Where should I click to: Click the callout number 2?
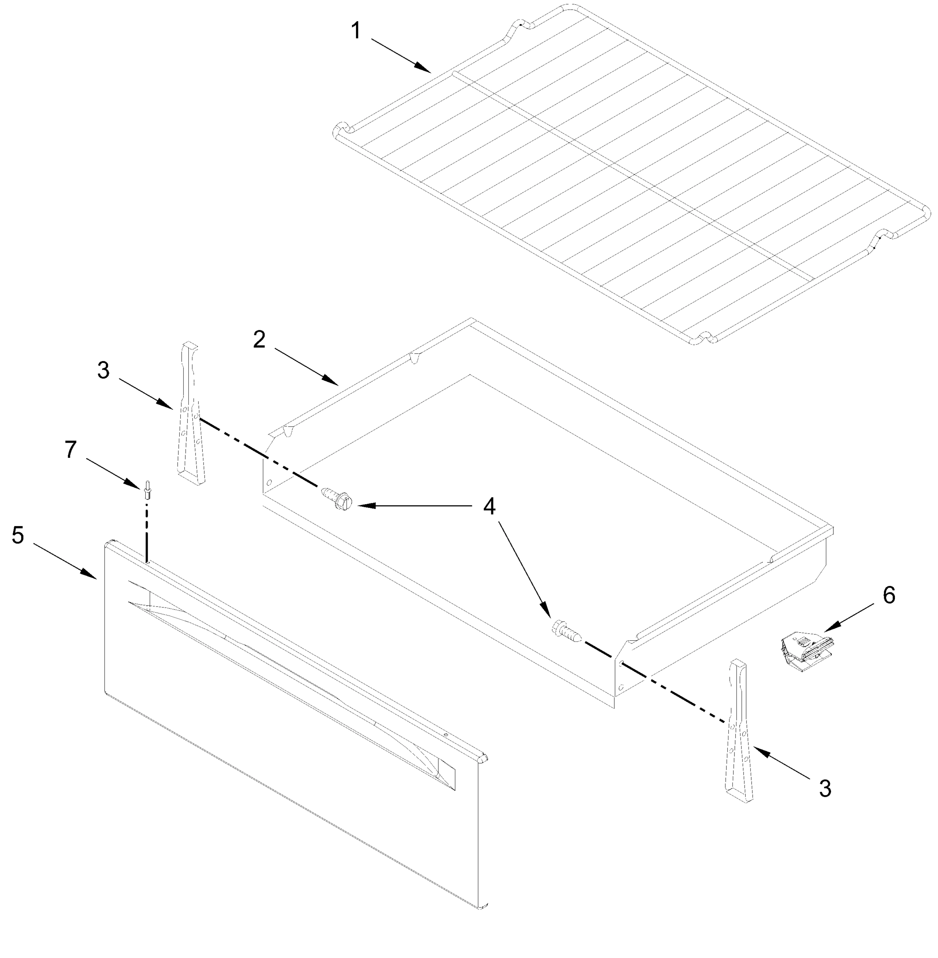tap(259, 340)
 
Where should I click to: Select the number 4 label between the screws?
tap(489, 506)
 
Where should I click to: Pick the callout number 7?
tap(71, 450)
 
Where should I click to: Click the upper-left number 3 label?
tap(103, 370)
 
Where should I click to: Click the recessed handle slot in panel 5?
tap(291, 682)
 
